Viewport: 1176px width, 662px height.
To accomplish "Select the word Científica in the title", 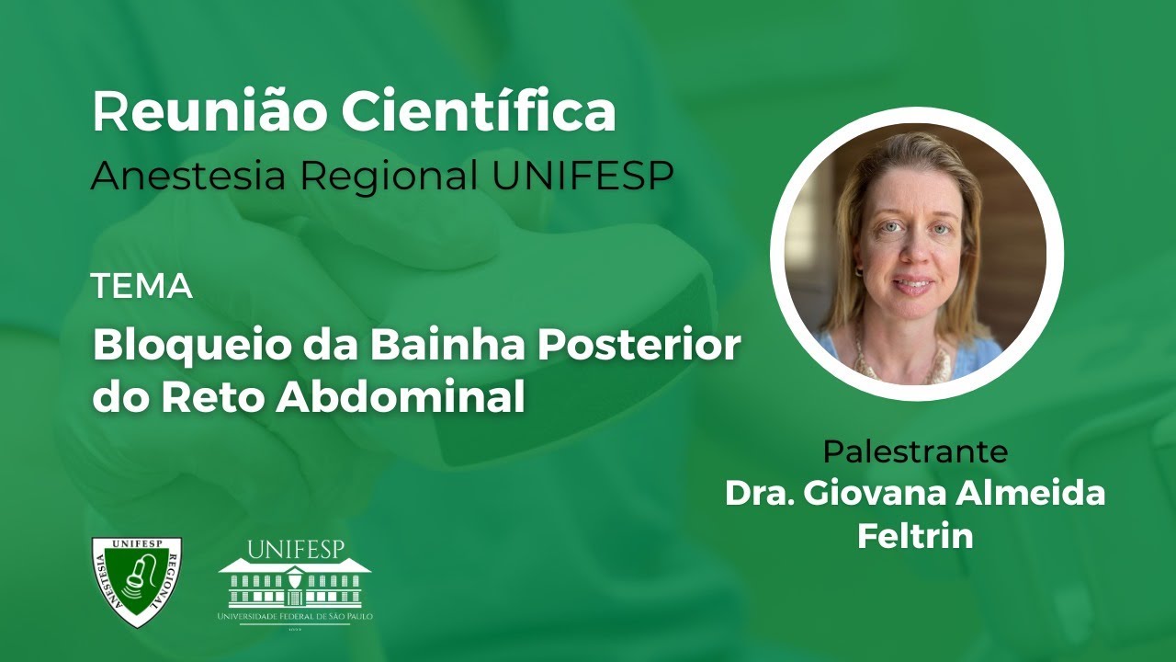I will (x=479, y=112).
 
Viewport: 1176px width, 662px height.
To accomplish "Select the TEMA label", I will (x=141, y=287).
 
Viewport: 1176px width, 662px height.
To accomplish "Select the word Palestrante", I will (x=915, y=451).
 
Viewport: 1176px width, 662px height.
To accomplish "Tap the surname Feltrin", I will (x=915, y=536).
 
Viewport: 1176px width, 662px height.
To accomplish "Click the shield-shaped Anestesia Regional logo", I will (x=136, y=581).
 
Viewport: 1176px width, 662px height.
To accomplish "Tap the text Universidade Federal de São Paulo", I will (x=295, y=617).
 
